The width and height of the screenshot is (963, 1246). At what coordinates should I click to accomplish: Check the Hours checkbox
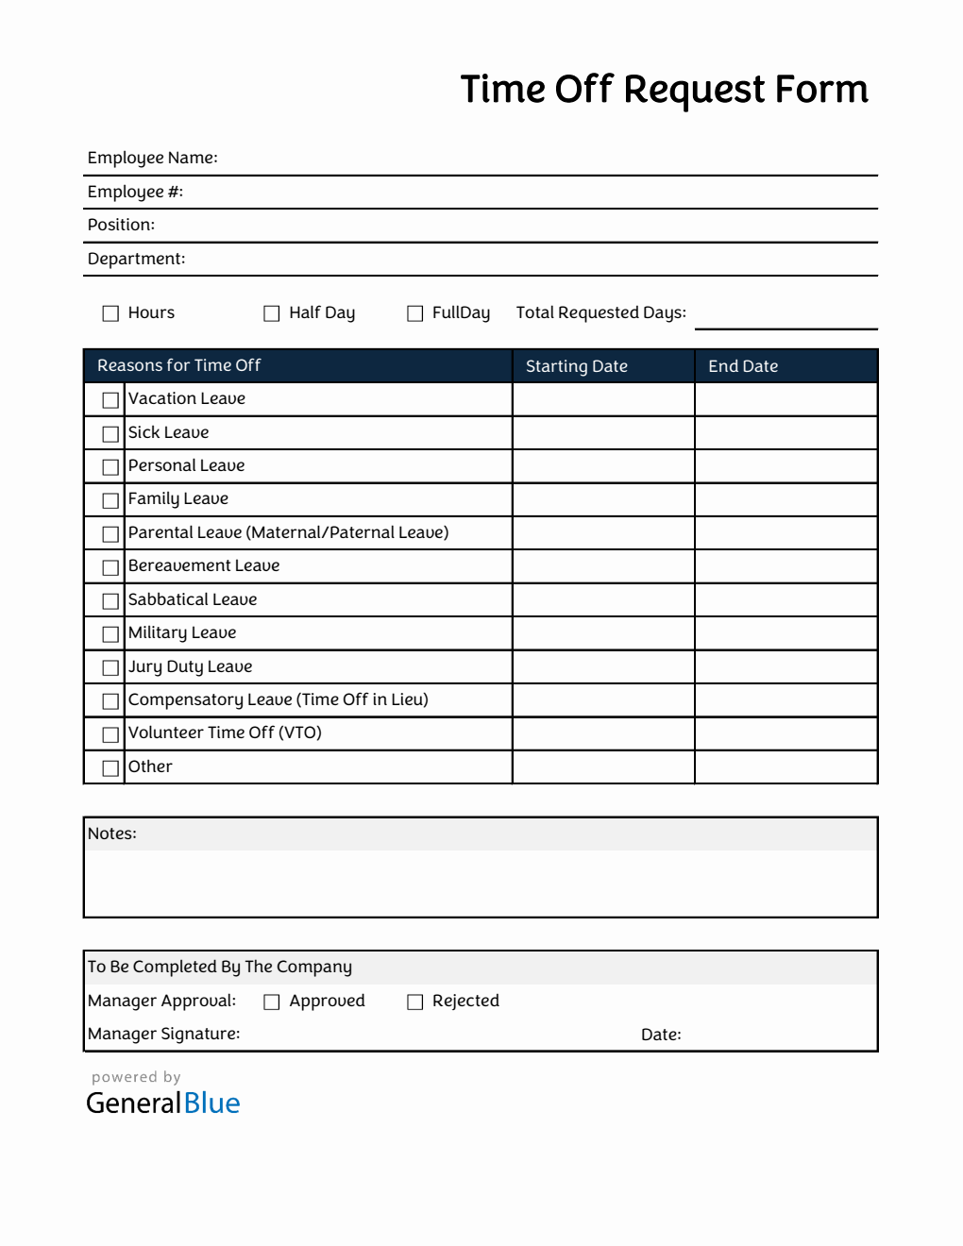(x=110, y=313)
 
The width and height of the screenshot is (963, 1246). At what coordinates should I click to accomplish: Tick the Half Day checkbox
(x=272, y=313)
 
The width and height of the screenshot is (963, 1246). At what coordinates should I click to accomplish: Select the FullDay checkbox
(x=415, y=313)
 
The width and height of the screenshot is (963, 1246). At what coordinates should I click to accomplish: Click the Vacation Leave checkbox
(x=110, y=400)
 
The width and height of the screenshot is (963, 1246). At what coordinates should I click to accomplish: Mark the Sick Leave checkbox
(x=110, y=433)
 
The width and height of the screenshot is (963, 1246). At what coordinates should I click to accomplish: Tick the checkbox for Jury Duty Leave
(x=110, y=667)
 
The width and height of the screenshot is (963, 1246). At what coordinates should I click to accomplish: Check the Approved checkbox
(x=272, y=1002)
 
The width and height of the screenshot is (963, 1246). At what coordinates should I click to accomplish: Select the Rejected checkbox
(x=415, y=1002)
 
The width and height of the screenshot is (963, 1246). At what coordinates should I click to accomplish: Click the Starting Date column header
(x=576, y=366)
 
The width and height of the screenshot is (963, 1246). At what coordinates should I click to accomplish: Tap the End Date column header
(x=743, y=366)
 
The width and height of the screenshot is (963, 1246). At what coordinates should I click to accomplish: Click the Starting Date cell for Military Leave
(x=603, y=633)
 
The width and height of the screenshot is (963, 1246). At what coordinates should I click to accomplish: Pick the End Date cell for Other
(x=786, y=767)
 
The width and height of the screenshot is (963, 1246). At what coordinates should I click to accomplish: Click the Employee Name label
(x=152, y=158)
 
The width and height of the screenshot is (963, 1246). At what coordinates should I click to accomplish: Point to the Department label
(x=136, y=259)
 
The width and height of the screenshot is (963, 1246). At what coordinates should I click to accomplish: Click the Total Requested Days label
(x=600, y=312)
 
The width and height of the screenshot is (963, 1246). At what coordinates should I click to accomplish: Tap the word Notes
(x=111, y=833)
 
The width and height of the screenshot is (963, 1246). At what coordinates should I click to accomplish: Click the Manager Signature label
(x=163, y=1034)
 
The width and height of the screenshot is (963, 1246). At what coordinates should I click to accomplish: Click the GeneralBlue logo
(x=162, y=1103)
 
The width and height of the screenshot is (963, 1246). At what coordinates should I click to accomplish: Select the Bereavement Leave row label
(x=204, y=565)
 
